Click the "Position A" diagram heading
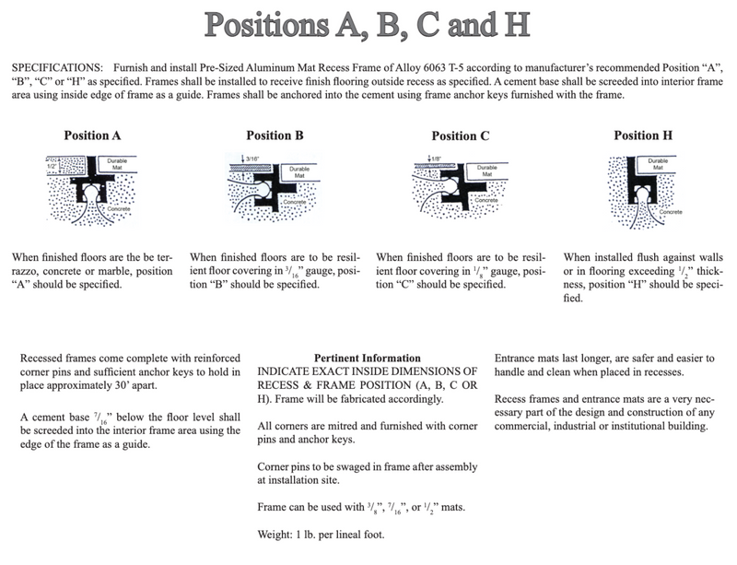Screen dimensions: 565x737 tap(92, 135)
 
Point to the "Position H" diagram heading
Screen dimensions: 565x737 tap(642, 135)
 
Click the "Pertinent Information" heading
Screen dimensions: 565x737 tap(368, 358)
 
